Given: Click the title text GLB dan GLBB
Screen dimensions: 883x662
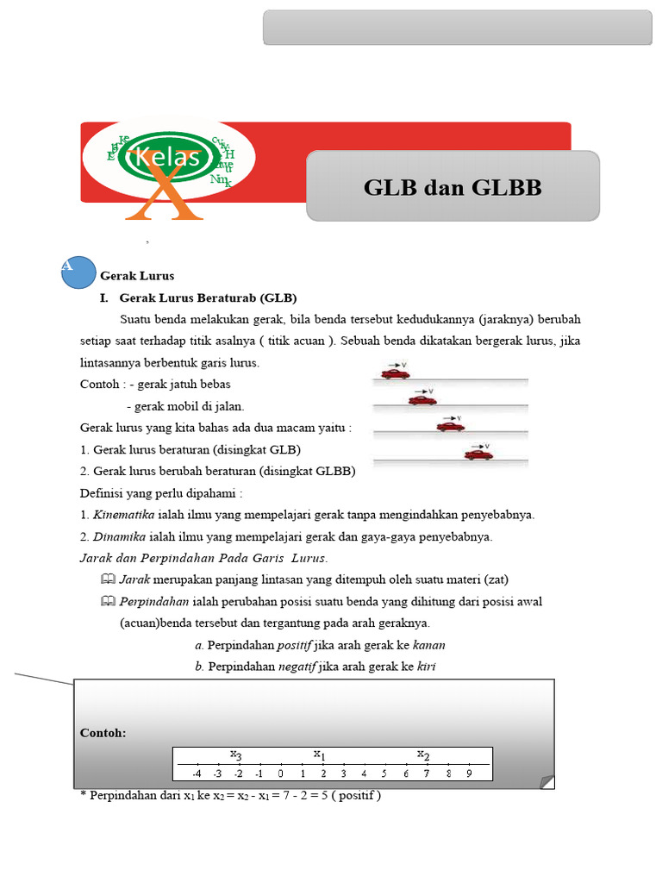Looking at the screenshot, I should coord(453,187).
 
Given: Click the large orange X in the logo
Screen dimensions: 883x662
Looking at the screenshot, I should coord(164,191).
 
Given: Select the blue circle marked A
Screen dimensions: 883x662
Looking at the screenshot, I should coord(78,272).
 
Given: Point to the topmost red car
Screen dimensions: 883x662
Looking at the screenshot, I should coord(395,373).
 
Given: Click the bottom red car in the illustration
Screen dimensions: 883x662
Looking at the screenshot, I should coord(478,454).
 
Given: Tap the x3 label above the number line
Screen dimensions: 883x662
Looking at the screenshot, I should coord(235,755).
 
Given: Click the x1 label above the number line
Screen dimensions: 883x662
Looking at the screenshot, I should coord(319,755).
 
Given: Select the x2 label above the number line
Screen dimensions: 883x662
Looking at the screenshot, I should coord(423,755).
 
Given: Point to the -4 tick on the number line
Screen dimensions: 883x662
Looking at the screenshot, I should coord(197,773).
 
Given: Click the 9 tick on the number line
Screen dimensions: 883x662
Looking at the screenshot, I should coord(469,773).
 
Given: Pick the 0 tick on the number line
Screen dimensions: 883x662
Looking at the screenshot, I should coord(280,773).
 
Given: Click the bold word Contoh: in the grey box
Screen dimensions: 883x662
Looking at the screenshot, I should coord(103,733).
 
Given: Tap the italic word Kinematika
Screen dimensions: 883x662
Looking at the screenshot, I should coord(123,515).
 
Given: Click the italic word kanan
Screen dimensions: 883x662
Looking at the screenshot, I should coord(429,645).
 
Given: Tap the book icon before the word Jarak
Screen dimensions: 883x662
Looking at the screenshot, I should coord(108,579).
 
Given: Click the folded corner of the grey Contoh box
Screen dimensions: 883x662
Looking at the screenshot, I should coord(546,781).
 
